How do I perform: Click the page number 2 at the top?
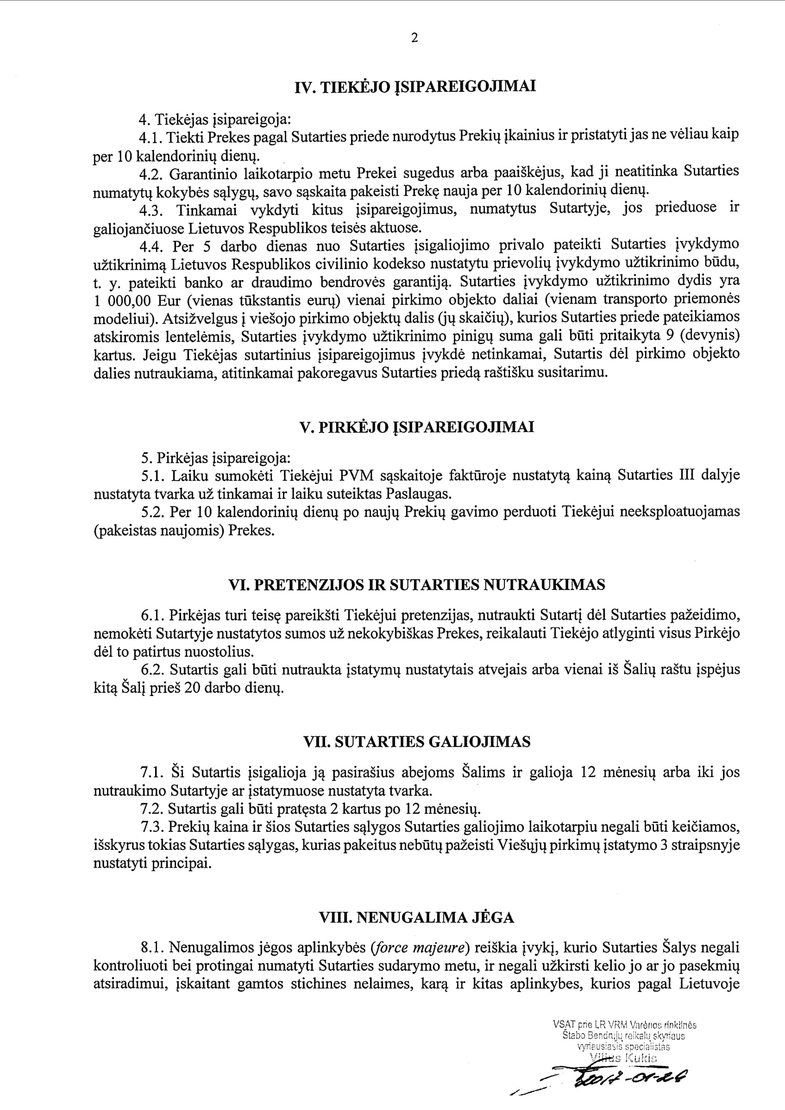tap(414, 38)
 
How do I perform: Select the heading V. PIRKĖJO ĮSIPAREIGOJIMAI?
tap(417, 427)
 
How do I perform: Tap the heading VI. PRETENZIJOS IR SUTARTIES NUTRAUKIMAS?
tap(417, 585)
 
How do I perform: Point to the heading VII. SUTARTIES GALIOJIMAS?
tap(417, 741)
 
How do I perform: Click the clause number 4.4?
tap(152, 247)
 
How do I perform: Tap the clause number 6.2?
tap(153, 670)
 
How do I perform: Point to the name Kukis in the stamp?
tap(641, 1058)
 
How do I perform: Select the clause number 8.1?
tap(153, 948)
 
